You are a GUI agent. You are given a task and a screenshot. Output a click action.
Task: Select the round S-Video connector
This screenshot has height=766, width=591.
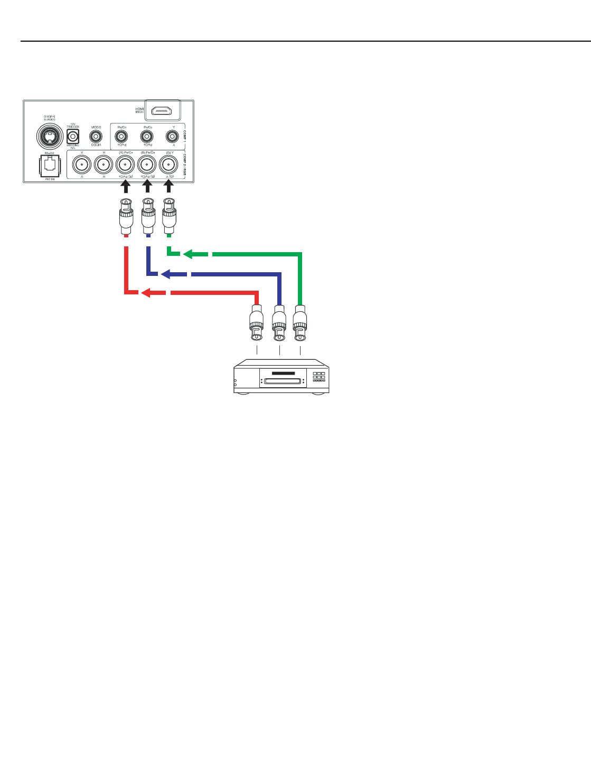(50, 137)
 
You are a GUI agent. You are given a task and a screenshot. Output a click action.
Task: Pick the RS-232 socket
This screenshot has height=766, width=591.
(50, 165)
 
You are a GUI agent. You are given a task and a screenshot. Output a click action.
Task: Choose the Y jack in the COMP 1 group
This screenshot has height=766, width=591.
(171, 137)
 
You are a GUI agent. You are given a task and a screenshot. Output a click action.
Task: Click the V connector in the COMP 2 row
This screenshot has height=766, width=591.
(82, 165)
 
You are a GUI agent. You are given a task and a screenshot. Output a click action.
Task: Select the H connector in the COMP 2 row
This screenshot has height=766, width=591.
(104, 165)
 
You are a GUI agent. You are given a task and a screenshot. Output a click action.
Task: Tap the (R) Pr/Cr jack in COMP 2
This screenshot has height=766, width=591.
(126, 165)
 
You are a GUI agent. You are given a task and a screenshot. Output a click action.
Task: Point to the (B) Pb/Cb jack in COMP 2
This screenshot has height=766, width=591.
(147, 165)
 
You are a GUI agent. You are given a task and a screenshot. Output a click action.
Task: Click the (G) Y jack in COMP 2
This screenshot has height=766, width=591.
(169, 165)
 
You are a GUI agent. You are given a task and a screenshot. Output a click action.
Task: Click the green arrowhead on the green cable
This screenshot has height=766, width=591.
(188, 254)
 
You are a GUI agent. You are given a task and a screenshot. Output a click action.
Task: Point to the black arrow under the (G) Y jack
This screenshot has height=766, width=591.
(169, 188)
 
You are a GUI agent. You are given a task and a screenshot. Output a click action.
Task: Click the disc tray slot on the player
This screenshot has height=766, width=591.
(283, 381)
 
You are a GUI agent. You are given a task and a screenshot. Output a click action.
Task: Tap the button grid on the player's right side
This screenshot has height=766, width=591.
(318, 377)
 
